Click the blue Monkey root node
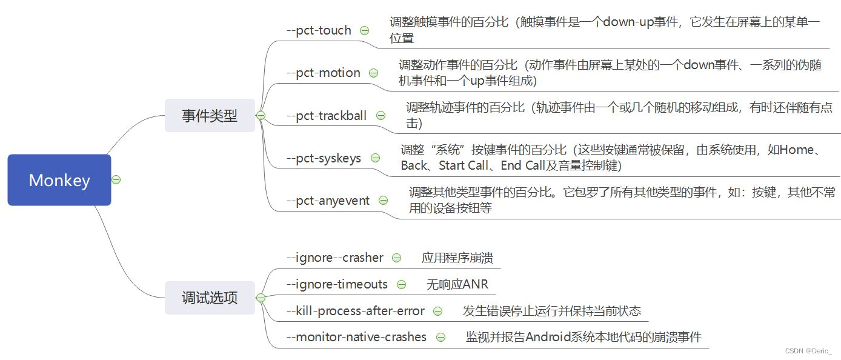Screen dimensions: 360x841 tap(59, 180)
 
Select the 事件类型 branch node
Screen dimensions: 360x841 tap(210, 115)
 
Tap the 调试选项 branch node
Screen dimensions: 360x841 tap(210, 298)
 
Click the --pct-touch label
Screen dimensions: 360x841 tap(319, 30)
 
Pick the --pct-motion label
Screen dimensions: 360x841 tap(324, 73)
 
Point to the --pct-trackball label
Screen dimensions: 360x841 tap(327, 115)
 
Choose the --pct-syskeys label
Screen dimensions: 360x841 tap(324, 158)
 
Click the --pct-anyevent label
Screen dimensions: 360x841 tap(328, 201)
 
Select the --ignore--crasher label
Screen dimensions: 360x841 tap(334, 258)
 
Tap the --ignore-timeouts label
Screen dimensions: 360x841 tap(337, 284)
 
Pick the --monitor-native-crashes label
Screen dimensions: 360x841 tap(356, 337)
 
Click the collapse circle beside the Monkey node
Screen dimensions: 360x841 tap(116, 180)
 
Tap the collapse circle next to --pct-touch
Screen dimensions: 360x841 tap(364, 30)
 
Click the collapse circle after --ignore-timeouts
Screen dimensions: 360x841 tap(401, 284)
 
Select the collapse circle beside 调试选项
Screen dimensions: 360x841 tap(261, 298)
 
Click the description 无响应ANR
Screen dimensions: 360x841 tap(457, 284)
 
